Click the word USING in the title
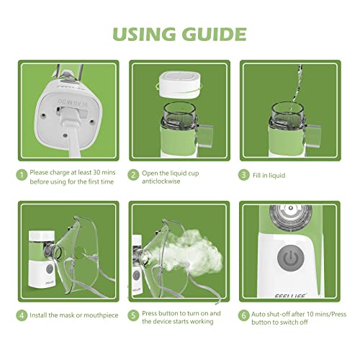point(144,34)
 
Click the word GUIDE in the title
point(214,34)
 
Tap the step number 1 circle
point(22,175)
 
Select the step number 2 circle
point(133,175)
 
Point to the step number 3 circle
point(243,175)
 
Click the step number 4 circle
point(22,315)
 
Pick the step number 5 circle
point(133,315)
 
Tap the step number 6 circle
point(243,315)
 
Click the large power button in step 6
point(291,258)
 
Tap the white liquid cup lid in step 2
point(179,84)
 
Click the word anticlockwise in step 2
point(161,181)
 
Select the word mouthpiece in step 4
point(101,315)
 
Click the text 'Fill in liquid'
point(269,176)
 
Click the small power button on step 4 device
point(50,269)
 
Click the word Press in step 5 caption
point(150,313)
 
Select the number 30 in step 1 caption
point(96,172)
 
